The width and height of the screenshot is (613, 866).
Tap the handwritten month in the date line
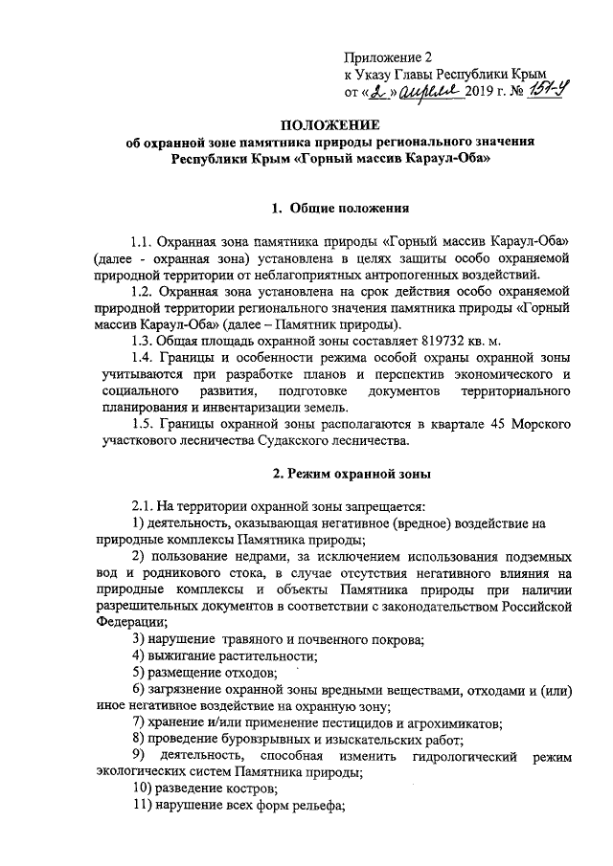click(422, 92)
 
